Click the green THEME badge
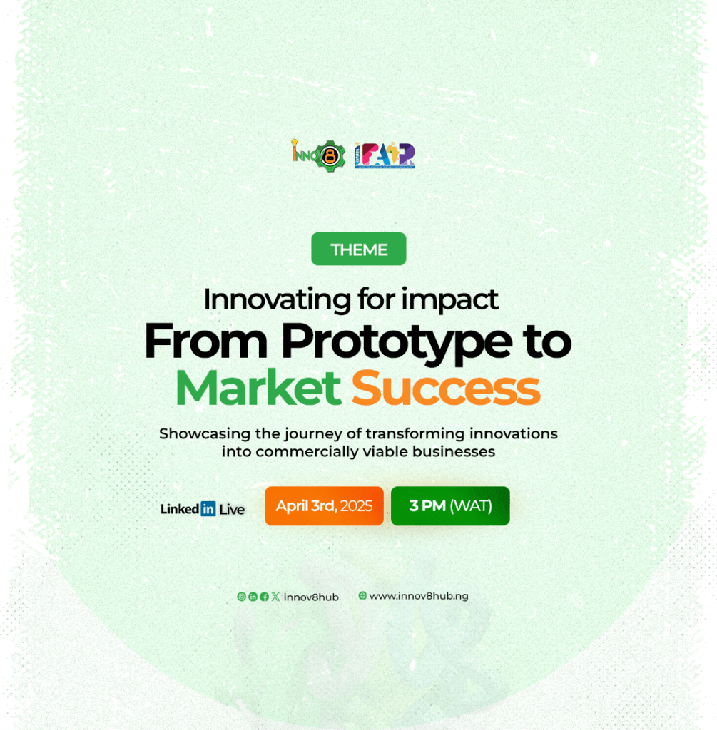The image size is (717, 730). coord(359,249)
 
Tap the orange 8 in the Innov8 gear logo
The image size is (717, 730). coord(330,156)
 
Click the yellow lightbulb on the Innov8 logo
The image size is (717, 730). coord(295,143)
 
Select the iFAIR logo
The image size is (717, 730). coord(385,155)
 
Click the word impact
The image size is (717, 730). coord(450,301)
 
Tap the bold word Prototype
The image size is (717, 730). coord(397,343)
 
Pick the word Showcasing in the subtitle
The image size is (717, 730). coord(205,434)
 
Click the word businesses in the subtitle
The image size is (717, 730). coord(454,451)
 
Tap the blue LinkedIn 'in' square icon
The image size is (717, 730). coord(208,509)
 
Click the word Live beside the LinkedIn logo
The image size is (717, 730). coord(232,509)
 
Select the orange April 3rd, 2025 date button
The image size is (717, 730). coord(325,506)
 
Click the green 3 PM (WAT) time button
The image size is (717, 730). coord(450,506)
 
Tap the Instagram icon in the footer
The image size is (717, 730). coord(241,597)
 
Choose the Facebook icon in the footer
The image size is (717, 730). coord(264,597)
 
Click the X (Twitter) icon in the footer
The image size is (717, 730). coord(276,597)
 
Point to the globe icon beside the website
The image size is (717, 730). coord(362,595)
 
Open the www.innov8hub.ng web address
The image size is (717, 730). coord(419,596)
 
